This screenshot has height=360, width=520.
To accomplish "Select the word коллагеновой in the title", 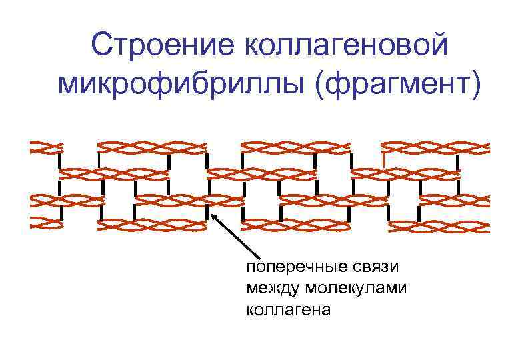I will click(x=346, y=46).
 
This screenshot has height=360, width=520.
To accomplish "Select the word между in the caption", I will click(x=273, y=288).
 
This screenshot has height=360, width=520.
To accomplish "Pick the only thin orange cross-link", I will click(x=384, y=160).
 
